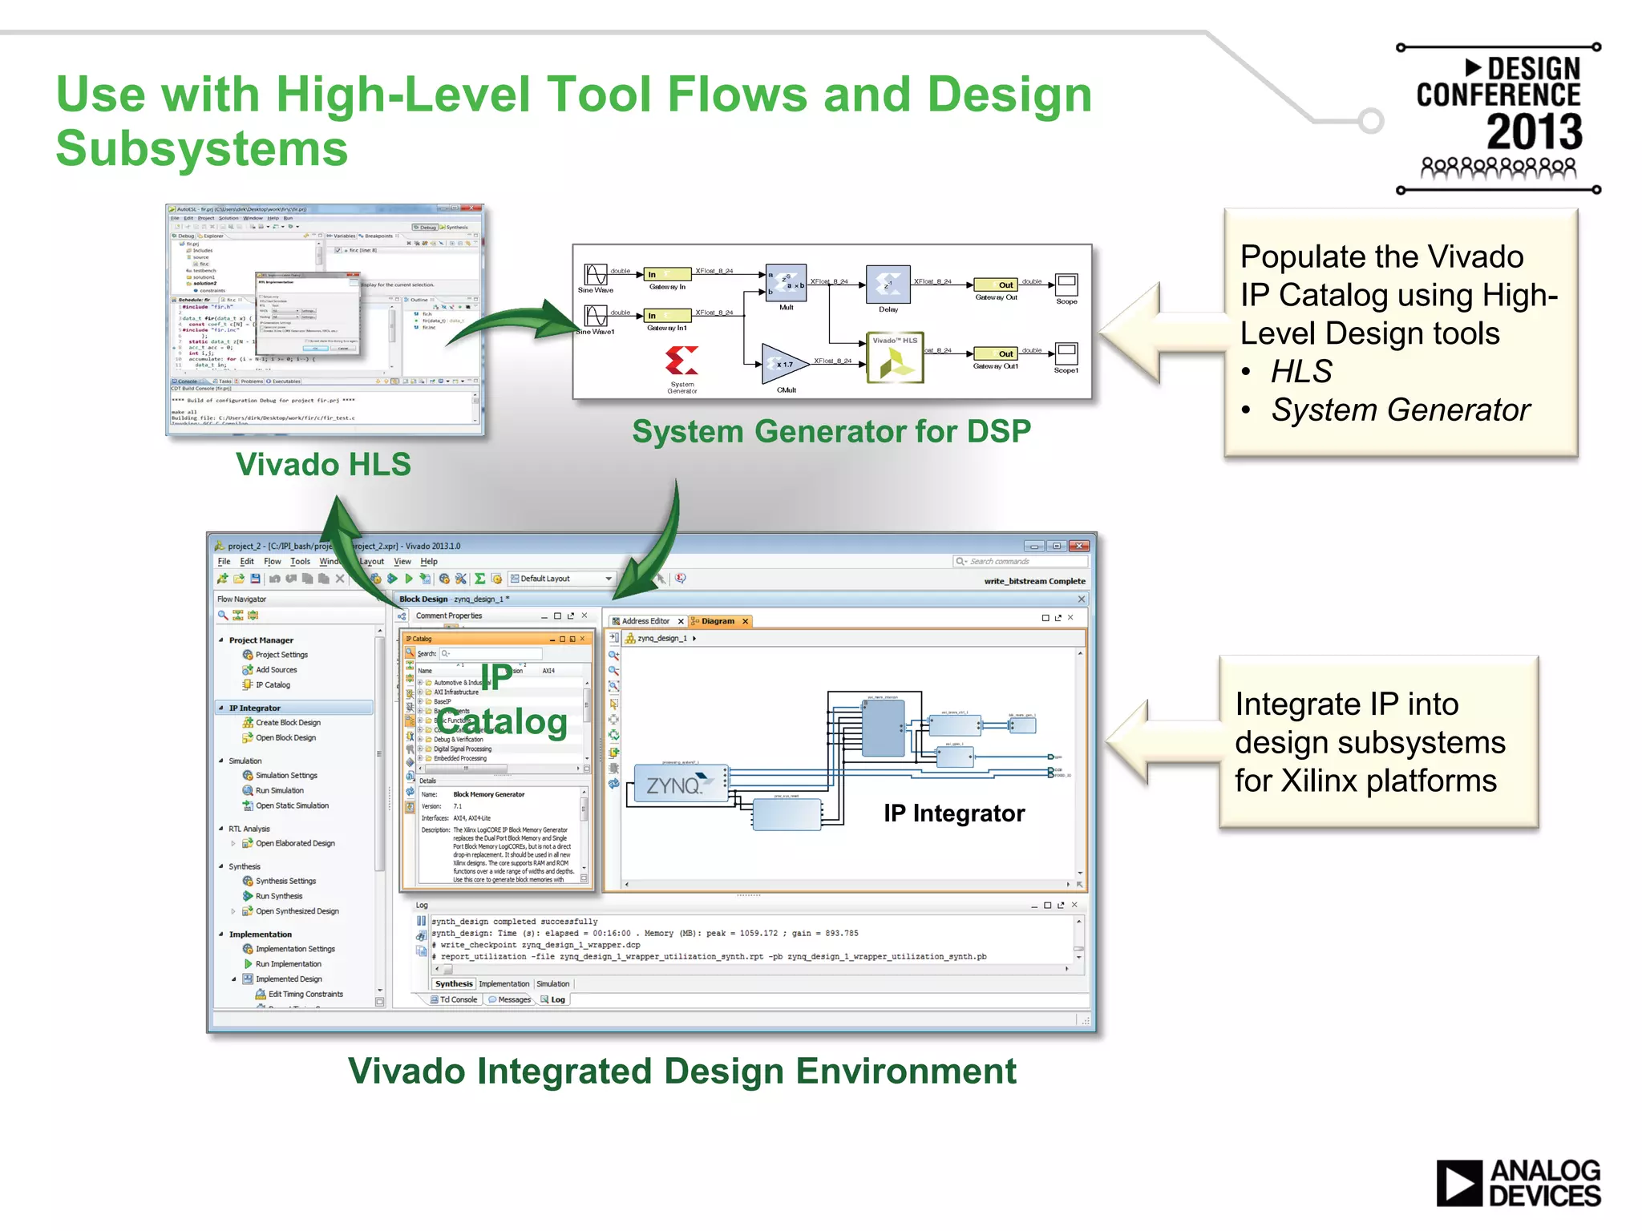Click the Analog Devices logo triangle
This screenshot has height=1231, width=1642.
pos(1458,1183)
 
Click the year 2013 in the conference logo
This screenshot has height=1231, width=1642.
pos(1534,131)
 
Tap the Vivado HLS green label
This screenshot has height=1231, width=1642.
pos(323,465)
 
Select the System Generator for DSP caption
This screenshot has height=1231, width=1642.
pos(831,432)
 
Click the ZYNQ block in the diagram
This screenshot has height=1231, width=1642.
pos(680,784)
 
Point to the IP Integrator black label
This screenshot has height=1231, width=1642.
pos(953,813)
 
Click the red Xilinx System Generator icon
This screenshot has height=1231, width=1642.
pos(681,361)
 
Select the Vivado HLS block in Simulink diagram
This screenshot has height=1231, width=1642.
pos(895,358)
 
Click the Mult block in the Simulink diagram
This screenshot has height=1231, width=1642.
pos(786,283)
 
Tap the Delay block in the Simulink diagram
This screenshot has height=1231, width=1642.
pos(888,283)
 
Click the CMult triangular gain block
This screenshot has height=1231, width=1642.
pos(783,364)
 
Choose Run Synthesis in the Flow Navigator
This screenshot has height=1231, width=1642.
pos(278,896)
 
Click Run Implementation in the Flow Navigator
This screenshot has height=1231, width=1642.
pos(288,964)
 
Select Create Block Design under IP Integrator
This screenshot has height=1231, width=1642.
pos(287,723)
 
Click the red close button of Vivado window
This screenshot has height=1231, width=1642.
pos(1079,546)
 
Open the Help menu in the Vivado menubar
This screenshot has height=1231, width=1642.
pos(429,562)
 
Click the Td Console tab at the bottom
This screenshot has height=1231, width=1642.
pos(457,999)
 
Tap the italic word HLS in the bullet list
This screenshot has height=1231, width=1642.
pos(1300,372)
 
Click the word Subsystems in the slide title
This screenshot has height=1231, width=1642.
pos(202,149)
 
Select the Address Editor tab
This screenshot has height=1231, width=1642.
pos(645,621)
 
